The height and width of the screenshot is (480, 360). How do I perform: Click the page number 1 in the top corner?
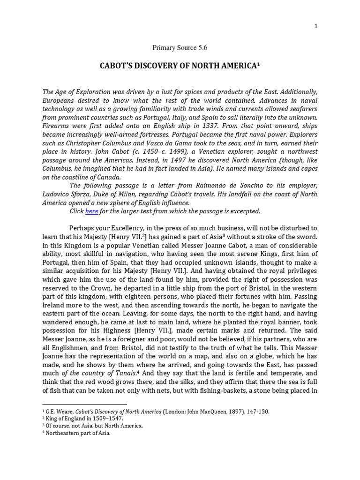(x=316, y=26)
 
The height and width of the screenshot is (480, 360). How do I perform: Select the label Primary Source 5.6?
(x=180, y=47)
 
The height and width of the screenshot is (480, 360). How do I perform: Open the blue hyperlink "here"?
(x=91, y=211)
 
